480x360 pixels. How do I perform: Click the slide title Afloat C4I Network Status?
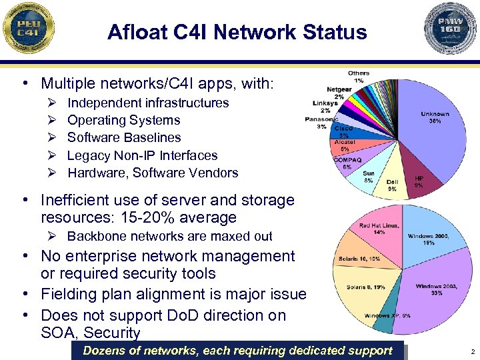tap(237, 32)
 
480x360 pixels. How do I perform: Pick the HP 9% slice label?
tap(419, 181)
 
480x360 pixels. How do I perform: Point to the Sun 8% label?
tap(369, 177)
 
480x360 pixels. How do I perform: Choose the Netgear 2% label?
tap(339, 93)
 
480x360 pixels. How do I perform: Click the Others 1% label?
tap(359, 76)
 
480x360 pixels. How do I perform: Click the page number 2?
tap(471, 351)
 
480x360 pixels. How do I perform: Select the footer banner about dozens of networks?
tap(238, 351)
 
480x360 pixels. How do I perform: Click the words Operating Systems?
tap(124, 121)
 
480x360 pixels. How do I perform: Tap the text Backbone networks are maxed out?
tap(170, 236)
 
